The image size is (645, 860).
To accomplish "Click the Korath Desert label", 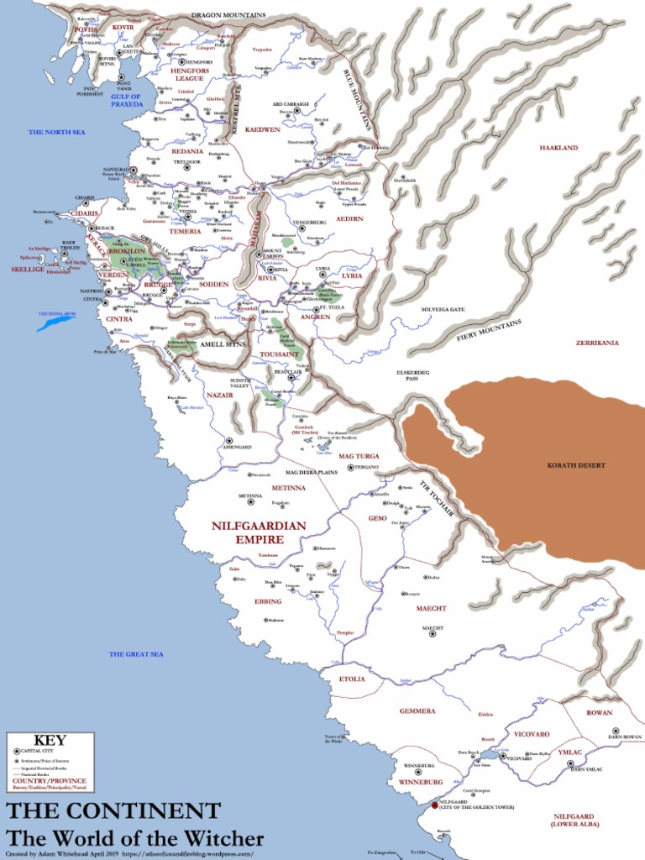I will [576, 465].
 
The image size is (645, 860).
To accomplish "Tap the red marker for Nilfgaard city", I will [434, 805].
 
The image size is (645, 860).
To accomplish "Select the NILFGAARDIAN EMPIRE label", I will [259, 532].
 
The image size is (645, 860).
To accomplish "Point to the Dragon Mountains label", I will [228, 15].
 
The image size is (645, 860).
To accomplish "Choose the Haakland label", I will [558, 148].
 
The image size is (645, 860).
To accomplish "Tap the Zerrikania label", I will [597, 343].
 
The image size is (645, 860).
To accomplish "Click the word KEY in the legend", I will [50, 741].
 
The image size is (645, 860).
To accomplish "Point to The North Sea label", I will [56, 132].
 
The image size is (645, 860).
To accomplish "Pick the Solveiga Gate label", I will [443, 309].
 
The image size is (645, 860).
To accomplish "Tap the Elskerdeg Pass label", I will [412, 375].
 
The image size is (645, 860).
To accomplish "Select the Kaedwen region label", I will [262, 129].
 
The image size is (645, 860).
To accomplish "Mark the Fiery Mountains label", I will [489, 330].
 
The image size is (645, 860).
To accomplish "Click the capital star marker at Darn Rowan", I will [615, 731].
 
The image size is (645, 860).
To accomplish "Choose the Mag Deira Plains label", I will [311, 473].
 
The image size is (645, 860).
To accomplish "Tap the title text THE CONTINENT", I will [113, 811].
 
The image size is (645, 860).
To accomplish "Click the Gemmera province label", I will [417, 711].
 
